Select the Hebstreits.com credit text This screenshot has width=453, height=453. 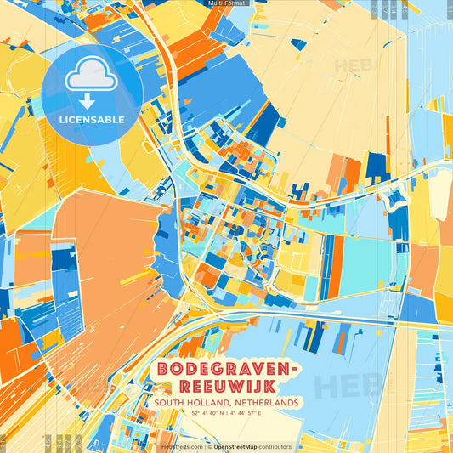[182, 446]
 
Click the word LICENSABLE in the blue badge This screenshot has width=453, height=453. [92, 120]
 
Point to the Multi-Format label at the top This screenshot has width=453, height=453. [225, 4]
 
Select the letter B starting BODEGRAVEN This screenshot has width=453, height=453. [161, 369]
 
